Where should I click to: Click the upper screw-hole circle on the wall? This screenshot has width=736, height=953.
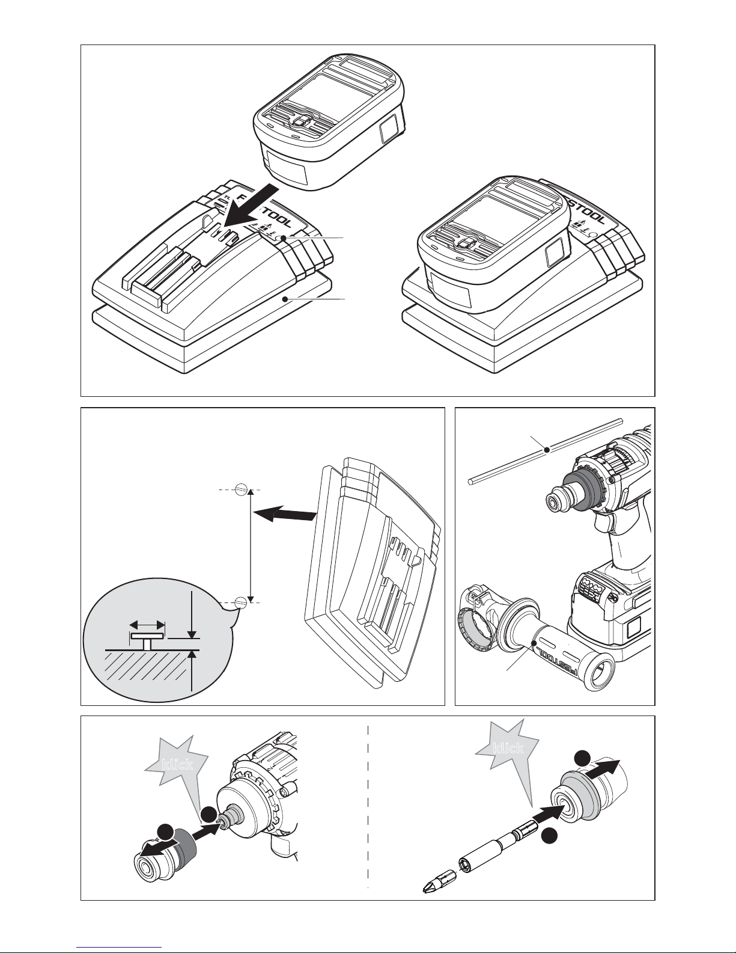(240, 489)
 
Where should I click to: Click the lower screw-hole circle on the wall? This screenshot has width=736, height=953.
(240, 601)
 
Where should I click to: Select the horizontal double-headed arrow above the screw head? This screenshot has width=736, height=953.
(147, 624)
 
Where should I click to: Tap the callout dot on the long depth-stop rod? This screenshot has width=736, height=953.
(545, 449)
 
